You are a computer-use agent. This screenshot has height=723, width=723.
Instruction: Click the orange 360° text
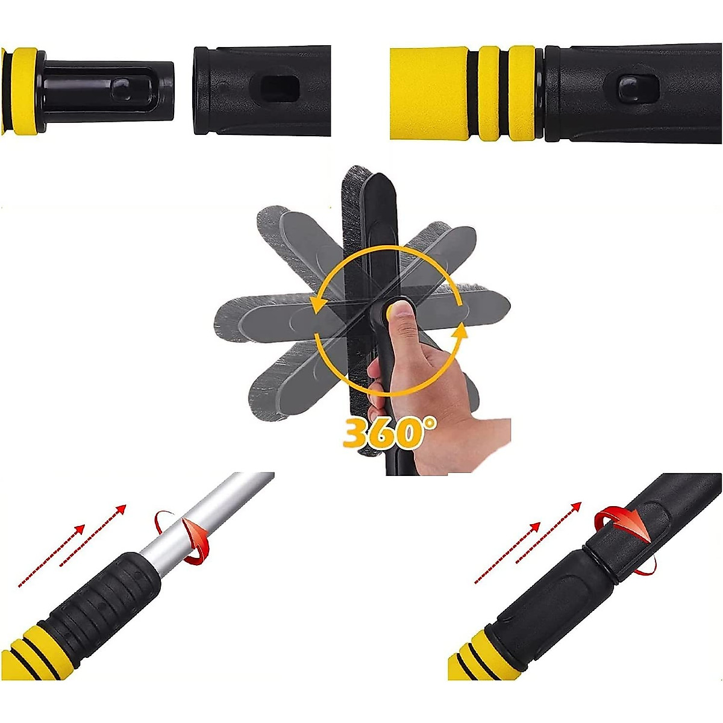pos(389,432)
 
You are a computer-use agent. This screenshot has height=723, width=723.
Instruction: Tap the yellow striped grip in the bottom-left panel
pos(30,654)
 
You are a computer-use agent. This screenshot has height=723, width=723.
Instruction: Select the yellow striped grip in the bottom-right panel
pos(470,660)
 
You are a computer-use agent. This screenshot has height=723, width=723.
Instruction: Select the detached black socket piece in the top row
pos(262,90)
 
